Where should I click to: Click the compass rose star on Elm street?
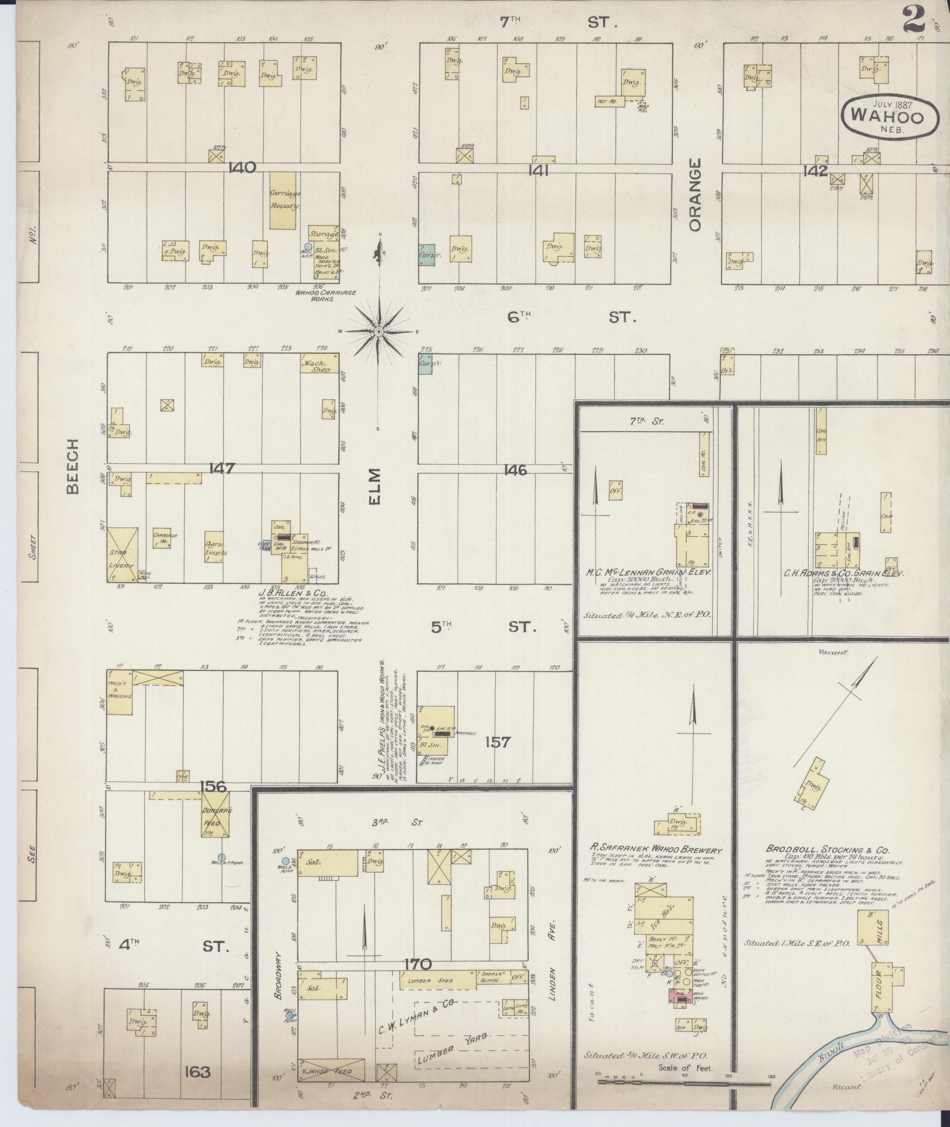pos(379,332)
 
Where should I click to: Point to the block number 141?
pos(538,171)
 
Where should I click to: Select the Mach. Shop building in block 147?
pos(320,363)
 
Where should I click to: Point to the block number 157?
pos(497,742)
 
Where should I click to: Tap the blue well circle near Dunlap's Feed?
pos(221,858)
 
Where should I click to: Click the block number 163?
pos(196,1072)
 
